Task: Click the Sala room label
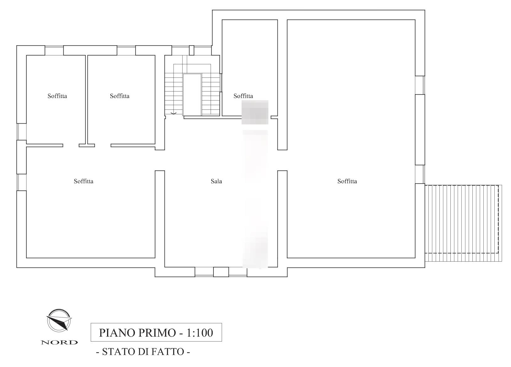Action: click(x=216, y=181)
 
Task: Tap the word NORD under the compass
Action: click(x=59, y=343)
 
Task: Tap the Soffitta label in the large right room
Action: click(x=347, y=181)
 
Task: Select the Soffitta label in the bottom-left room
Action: click(x=83, y=181)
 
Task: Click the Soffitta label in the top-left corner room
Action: click(x=57, y=96)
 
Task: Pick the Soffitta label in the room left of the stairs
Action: click(x=120, y=96)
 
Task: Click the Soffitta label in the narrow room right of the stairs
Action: click(x=243, y=96)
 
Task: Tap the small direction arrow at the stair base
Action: click(x=174, y=113)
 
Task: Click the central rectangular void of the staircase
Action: click(x=192, y=95)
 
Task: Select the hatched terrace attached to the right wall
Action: click(x=463, y=223)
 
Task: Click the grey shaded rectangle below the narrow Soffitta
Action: click(x=255, y=112)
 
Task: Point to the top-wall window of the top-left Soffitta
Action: click(x=54, y=51)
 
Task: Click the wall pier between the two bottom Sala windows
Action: click(x=221, y=272)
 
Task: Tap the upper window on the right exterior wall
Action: click(x=420, y=85)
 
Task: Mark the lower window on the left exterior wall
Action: click(x=21, y=182)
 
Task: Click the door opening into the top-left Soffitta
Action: click(x=71, y=146)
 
